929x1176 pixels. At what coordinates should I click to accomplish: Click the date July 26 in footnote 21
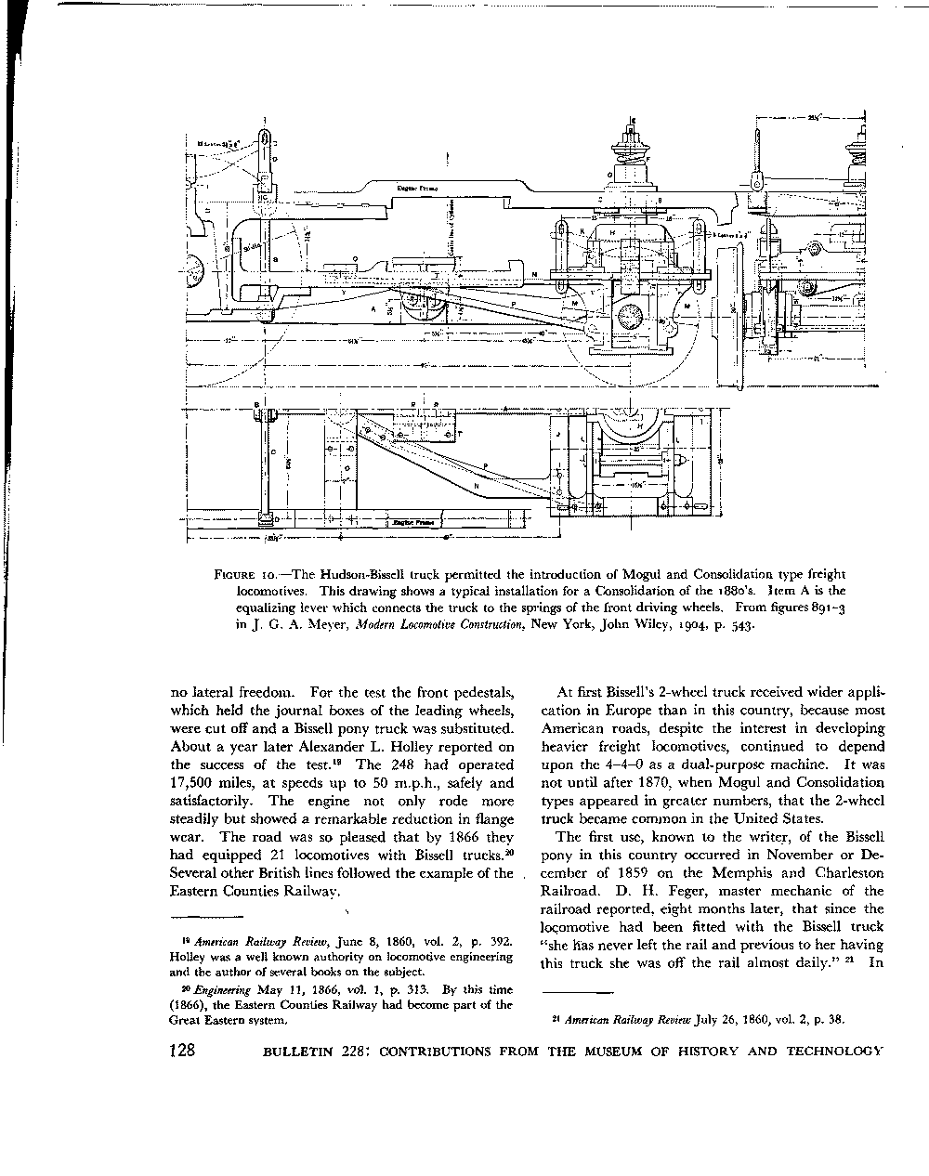pyautogui.click(x=712, y=1018)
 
